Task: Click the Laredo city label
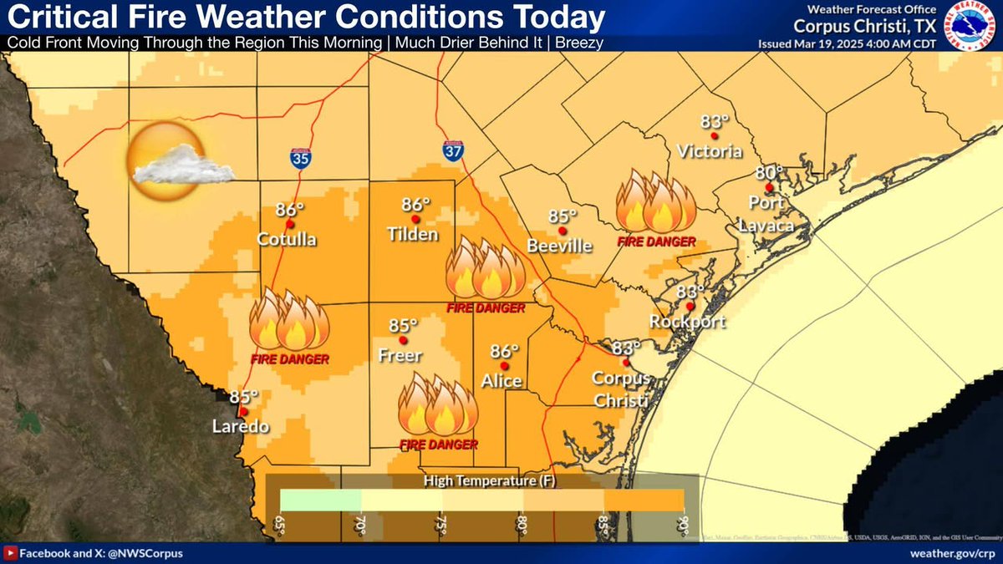tap(240, 427)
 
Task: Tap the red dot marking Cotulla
tap(290, 224)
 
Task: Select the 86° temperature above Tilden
tap(415, 205)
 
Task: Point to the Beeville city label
tap(559, 246)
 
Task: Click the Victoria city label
tap(710, 152)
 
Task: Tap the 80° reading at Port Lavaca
tap(769, 173)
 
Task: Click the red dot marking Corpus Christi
tap(624, 363)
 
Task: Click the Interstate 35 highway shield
tap(301, 158)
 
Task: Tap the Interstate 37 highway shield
tap(452, 150)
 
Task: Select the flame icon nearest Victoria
tap(655, 203)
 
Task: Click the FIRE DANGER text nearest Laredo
tap(289, 359)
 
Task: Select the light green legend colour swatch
tap(320, 500)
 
